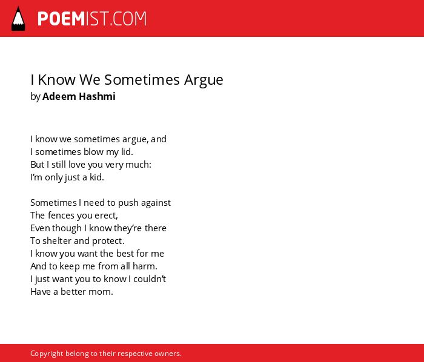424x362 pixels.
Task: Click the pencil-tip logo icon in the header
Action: [18, 19]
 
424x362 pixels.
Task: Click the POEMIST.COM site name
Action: [92, 19]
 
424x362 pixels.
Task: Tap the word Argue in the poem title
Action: [204, 81]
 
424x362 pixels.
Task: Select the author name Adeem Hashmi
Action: [79, 96]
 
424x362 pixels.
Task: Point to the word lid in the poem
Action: [127, 151]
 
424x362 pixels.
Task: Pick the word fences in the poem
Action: [61, 216]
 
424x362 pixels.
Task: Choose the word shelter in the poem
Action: [57, 241]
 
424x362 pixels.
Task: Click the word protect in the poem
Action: [108, 242]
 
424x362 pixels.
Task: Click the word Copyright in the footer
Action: [47, 354]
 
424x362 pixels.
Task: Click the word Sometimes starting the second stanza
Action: [53, 203]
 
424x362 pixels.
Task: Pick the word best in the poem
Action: [125, 254]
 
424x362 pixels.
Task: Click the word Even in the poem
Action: [41, 228]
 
